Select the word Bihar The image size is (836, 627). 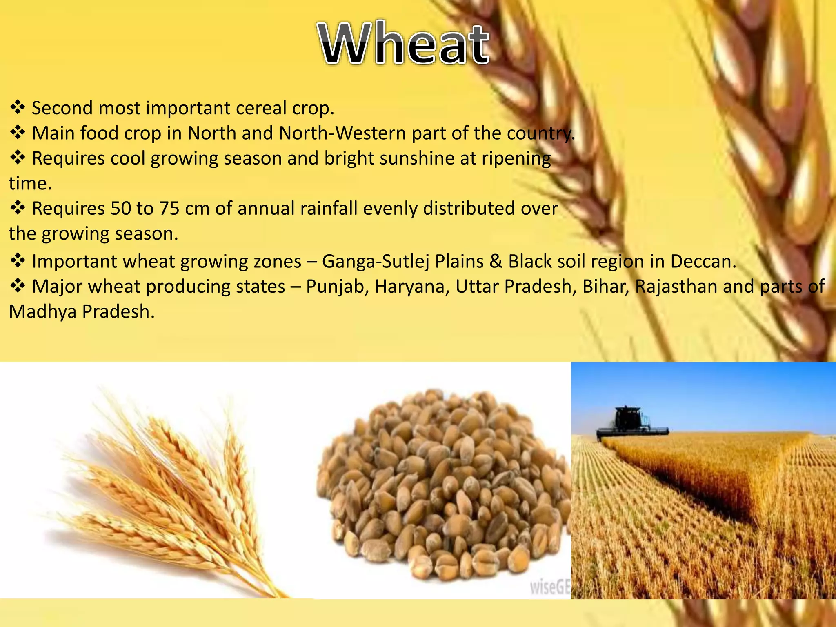pos(606,287)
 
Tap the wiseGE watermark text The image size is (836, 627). pos(549,587)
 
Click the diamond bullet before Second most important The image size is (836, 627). pos(18,107)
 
